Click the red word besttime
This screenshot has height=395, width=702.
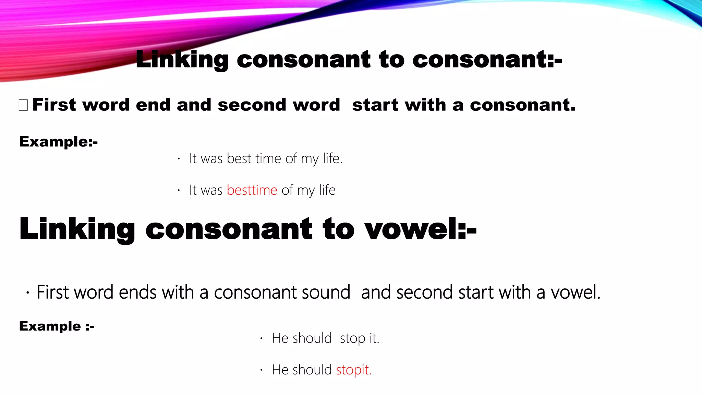[252, 190]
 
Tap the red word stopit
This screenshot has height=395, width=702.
[354, 370]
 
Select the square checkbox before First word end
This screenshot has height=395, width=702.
[23, 105]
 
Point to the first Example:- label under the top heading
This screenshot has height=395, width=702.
[58, 142]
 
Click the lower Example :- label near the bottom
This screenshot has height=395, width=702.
[57, 326]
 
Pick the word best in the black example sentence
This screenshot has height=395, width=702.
[239, 159]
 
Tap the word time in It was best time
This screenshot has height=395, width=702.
[268, 159]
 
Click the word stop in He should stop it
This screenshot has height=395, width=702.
[353, 338]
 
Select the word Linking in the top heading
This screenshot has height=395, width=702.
[182, 60]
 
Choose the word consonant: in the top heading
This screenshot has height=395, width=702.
[487, 60]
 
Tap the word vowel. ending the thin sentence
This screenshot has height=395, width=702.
[576, 292]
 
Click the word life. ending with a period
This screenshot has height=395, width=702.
[332, 159]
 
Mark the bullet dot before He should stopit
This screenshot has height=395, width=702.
[261, 370]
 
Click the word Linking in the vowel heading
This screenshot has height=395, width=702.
[77, 229]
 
